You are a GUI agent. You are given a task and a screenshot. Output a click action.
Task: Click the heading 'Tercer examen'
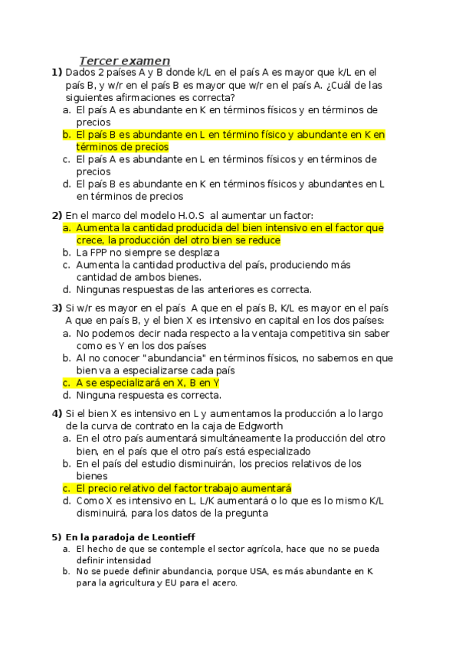(x=125, y=60)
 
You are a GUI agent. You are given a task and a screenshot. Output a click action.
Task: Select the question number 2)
(x=56, y=215)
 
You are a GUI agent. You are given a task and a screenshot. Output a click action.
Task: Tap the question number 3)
(x=56, y=308)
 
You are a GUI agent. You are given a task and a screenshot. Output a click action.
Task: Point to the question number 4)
(x=56, y=413)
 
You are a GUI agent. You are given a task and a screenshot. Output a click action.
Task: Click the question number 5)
(x=55, y=537)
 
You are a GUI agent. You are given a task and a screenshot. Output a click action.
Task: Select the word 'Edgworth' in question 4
(x=260, y=426)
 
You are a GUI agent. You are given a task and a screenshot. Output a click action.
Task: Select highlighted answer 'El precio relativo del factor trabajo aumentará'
(x=184, y=488)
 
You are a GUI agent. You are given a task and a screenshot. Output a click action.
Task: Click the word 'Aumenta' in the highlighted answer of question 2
(x=97, y=228)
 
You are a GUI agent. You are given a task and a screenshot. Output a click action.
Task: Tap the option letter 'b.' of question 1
(x=67, y=135)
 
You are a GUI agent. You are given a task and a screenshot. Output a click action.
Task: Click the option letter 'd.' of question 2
(x=67, y=289)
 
